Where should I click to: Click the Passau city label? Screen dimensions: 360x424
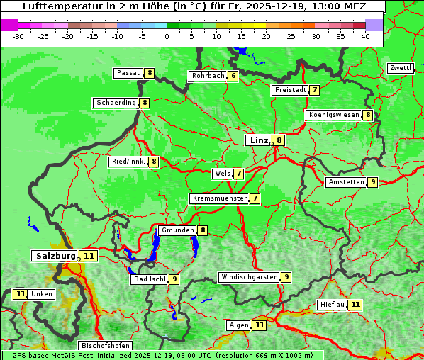tap(129, 73)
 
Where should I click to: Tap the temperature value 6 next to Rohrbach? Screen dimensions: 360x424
tap(233, 76)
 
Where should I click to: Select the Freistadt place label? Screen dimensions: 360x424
tap(290, 90)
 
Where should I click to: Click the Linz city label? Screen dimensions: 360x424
tap(258, 140)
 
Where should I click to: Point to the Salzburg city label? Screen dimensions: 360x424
tap(55, 255)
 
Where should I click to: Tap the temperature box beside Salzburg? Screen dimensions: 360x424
tap(89, 256)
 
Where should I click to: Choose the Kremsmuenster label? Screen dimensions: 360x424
tap(219, 198)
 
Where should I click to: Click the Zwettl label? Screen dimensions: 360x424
tap(400, 68)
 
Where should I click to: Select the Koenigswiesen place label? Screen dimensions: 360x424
tap(333, 115)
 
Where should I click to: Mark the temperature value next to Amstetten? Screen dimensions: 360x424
tap(373, 182)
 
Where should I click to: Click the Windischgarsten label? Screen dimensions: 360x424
tap(249, 277)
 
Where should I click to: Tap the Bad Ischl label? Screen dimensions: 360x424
tap(149, 279)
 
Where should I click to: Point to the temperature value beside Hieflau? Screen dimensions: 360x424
tap(355, 305)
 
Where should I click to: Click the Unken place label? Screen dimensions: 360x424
tap(42, 294)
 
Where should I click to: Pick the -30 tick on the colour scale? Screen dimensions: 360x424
tap(18, 36)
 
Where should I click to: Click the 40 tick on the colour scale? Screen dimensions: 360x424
tap(365, 36)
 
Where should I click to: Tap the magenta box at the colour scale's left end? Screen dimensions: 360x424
tap(10, 25)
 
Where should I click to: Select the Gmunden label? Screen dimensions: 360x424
tap(177, 230)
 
